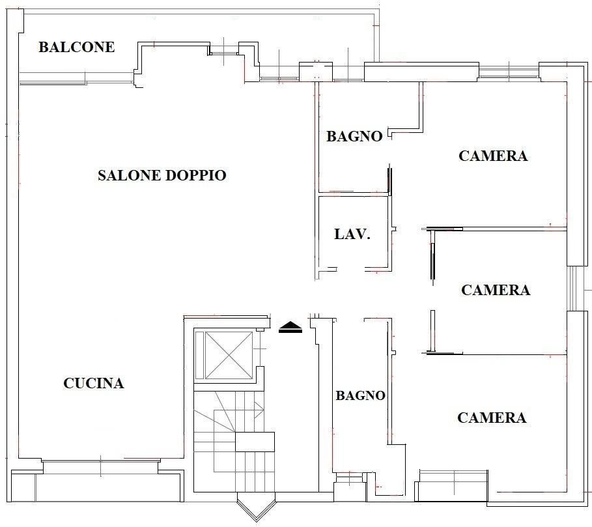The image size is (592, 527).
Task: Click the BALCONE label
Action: pos(77,47)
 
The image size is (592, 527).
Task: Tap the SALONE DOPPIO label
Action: pos(162,175)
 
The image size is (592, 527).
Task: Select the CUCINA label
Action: pos(94,383)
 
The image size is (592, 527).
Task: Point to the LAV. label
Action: pos(352,234)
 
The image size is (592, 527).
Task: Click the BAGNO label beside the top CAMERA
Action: pos(354,136)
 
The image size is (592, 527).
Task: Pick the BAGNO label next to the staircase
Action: pos(361,395)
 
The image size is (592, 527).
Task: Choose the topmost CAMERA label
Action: pos(493,156)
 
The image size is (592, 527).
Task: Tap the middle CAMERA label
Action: pos(496,289)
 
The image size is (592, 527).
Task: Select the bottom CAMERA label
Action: pos(492,418)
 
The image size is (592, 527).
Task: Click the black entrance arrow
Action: pos(290,327)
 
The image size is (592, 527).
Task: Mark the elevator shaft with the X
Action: pos(228,355)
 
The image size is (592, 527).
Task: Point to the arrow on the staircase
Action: pos(259,410)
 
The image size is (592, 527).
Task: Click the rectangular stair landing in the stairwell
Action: pos(255,442)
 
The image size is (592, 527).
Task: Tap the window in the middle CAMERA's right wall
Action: pos(573,289)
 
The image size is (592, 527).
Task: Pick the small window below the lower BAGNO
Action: pos(350,478)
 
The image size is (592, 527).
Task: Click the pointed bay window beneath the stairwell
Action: pos(257,507)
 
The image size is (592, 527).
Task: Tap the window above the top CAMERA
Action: pos(509,72)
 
